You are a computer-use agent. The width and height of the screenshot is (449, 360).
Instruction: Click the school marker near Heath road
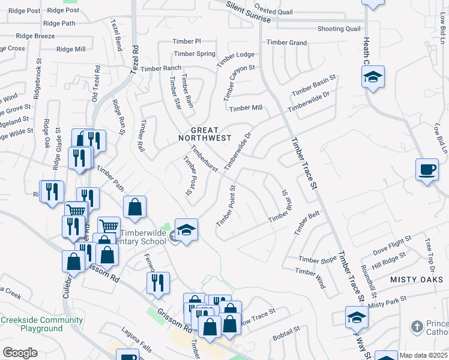pyautogui.click(x=373, y=77)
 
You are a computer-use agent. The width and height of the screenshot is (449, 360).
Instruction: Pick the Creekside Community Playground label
pyautogui.click(x=41, y=324)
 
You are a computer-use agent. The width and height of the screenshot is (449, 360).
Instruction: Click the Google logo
pyautogui.click(x=20, y=353)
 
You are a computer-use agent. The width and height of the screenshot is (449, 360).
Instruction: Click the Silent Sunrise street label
pyautogui.click(x=249, y=13)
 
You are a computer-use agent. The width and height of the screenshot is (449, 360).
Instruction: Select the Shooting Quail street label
pyautogui.click(x=339, y=29)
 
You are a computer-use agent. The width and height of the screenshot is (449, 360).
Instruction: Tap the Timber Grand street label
pyautogui.click(x=286, y=42)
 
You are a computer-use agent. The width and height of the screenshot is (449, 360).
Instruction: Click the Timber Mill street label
pyautogui.click(x=246, y=108)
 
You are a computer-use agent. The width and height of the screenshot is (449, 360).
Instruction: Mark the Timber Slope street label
pyautogui.click(x=318, y=259)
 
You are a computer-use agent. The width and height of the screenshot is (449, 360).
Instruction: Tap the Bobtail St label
pyautogui.click(x=286, y=334)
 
